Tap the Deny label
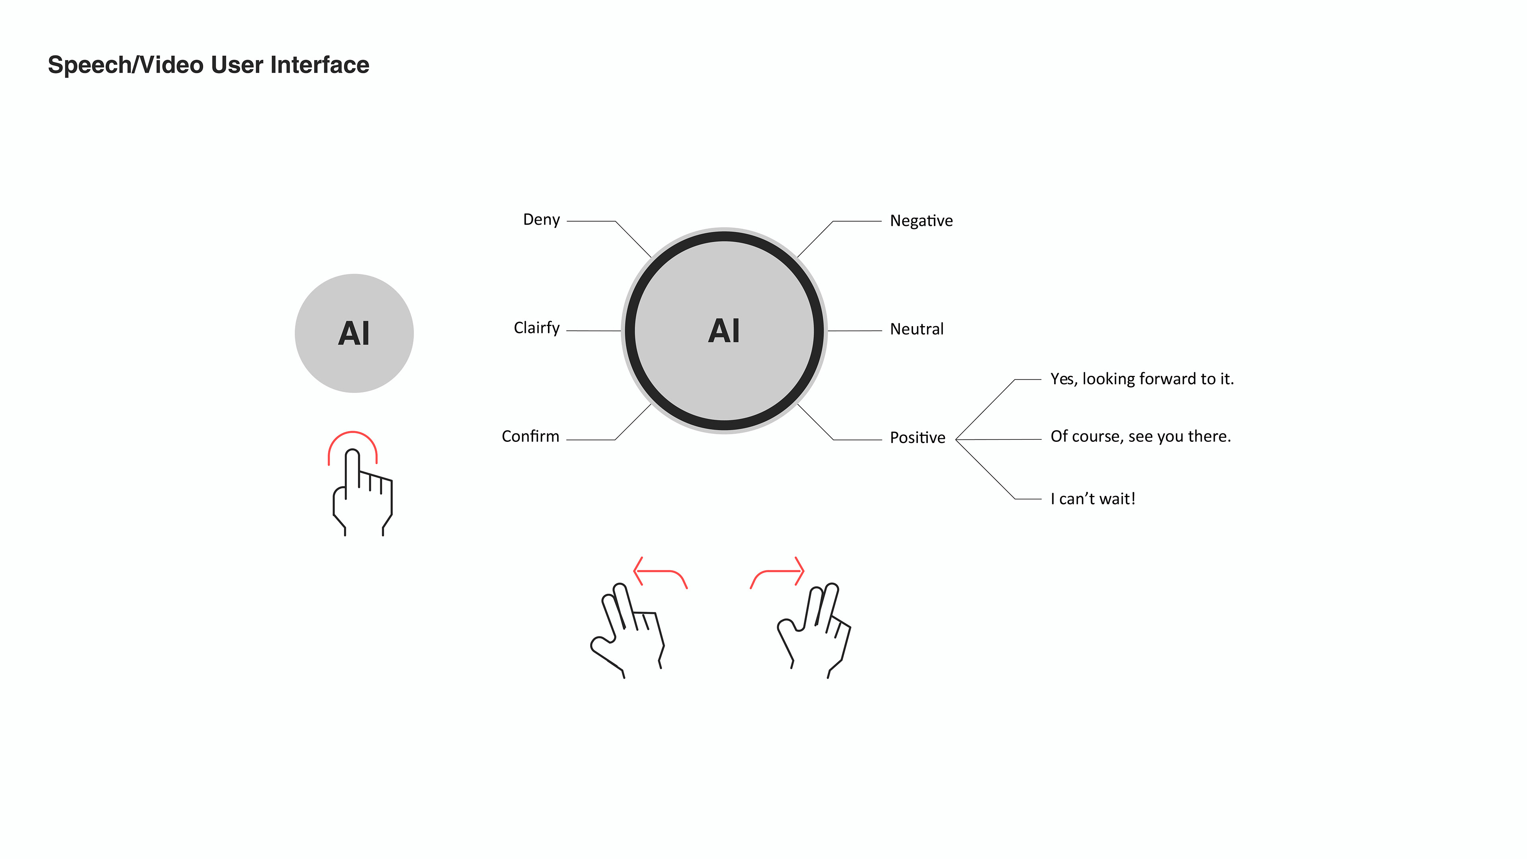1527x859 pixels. [x=541, y=220]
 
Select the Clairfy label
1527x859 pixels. [x=536, y=328]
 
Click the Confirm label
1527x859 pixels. [x=530, y=437]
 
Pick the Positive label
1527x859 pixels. [x=917, y=438]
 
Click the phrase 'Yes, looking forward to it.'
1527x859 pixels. [x=1141, y=379]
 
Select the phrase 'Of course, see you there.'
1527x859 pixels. [x=1140, y=437]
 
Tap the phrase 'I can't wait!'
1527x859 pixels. [x=1092, y=499]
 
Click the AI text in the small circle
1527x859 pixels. [x=354, y=333]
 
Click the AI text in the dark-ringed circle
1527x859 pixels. [x=724, y=331]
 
